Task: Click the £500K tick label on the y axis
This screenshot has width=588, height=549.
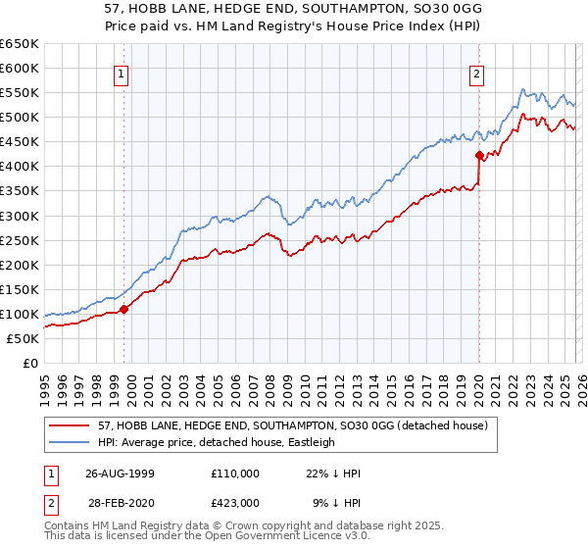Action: pos(20,118)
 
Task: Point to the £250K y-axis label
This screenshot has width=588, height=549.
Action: pos(20,240)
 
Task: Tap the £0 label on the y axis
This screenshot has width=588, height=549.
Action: pos(29,363)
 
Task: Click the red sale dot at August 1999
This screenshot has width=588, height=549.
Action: pos(124,309)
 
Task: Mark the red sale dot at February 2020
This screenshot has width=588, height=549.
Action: pos(479,155)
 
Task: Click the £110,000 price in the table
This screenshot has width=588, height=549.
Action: pos(234,474)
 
